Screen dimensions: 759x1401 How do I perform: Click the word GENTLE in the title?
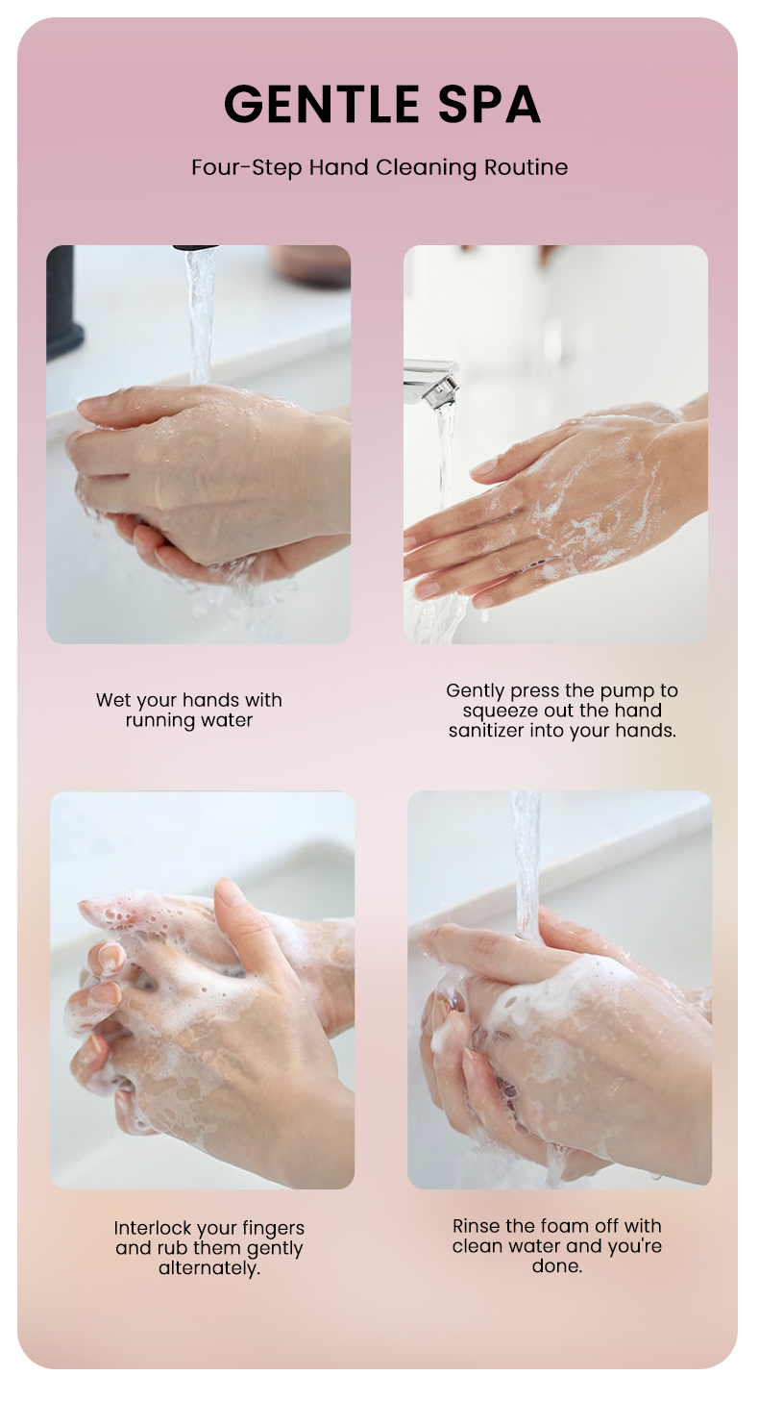pos(321,104)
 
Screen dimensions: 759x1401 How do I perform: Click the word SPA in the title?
pos(489,104)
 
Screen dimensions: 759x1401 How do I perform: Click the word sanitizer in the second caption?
pos(486,731)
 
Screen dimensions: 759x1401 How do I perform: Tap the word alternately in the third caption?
pos(209,1267)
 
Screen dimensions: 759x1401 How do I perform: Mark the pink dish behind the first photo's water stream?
pos(310,265)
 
